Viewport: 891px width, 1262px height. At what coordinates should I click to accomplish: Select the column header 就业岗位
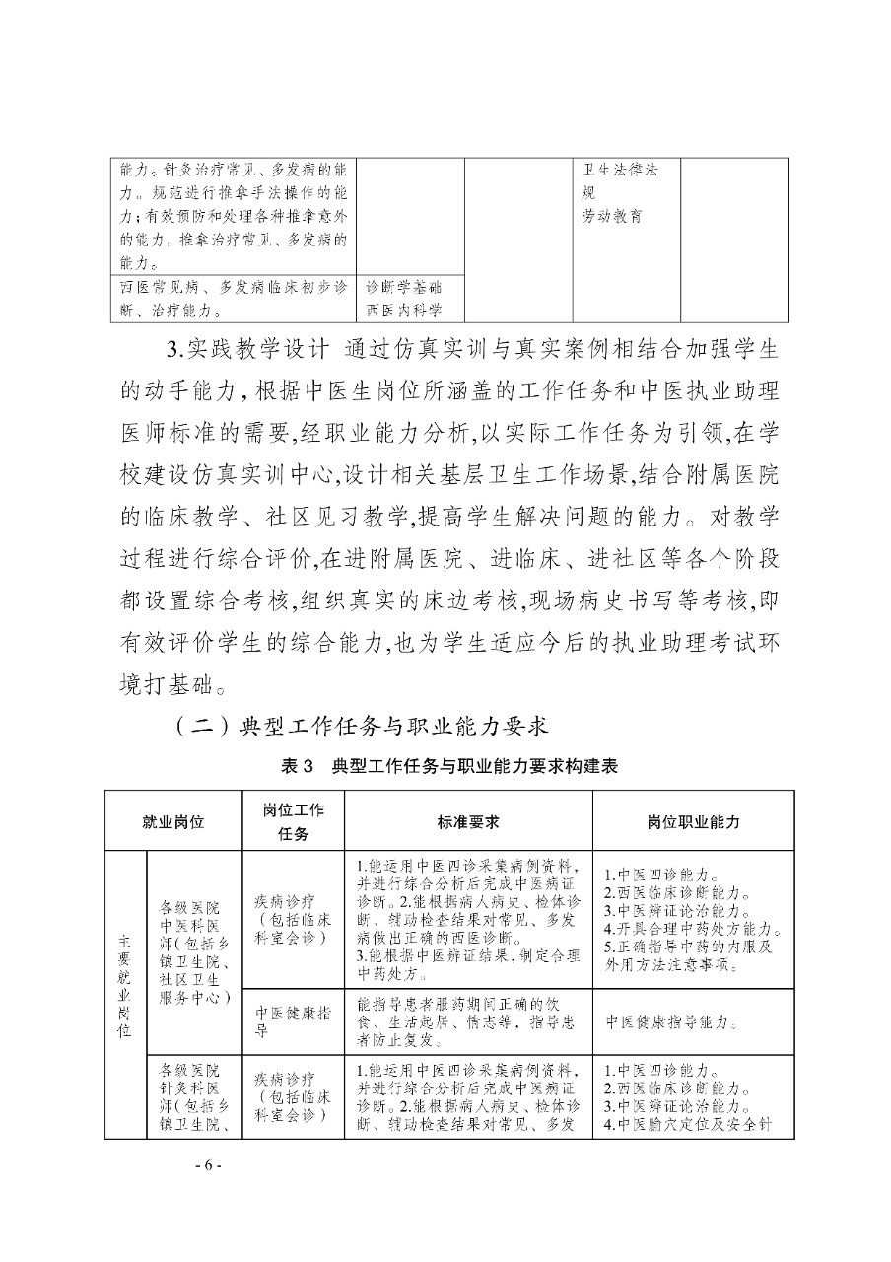(173, 820)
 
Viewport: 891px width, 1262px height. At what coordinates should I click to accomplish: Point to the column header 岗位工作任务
(292, 820)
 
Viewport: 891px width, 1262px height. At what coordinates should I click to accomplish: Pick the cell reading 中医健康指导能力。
(672, 1021)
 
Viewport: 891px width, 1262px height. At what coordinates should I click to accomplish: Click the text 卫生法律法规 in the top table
(620, 179)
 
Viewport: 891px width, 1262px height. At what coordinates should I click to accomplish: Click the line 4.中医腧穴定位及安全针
(686, 1123)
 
